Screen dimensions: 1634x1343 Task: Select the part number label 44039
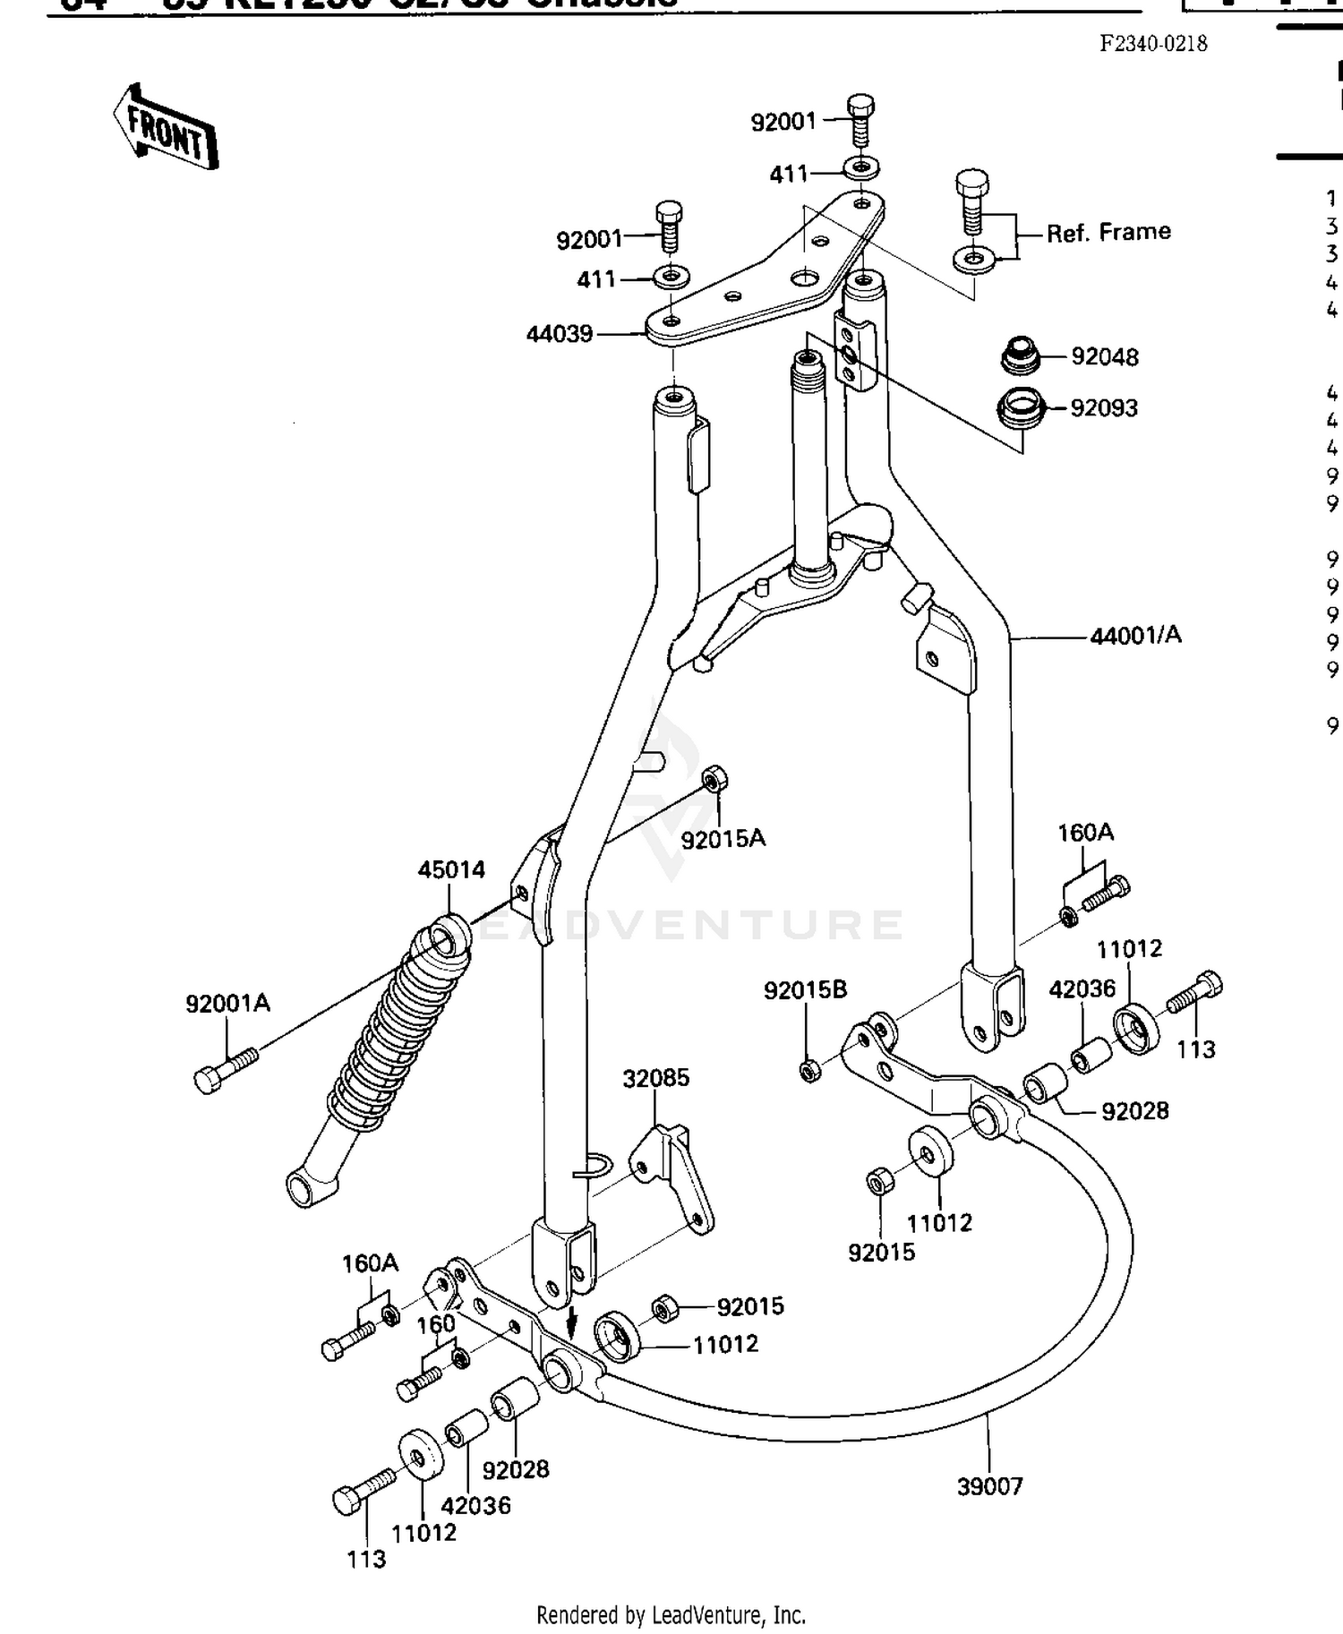560,334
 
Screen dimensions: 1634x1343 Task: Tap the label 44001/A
1134,635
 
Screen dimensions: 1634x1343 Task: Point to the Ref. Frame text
1108,232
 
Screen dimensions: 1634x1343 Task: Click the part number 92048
1104,356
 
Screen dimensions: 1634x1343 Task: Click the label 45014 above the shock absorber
451,869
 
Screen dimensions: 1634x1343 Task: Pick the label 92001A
227,1004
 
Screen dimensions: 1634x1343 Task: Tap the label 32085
656,1077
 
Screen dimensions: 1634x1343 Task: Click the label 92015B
805,990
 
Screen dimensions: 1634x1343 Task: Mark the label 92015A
723,839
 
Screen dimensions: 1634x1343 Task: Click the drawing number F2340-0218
1153,43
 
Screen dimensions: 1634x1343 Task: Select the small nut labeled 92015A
714,778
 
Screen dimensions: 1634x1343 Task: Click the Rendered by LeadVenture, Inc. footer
671,1615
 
